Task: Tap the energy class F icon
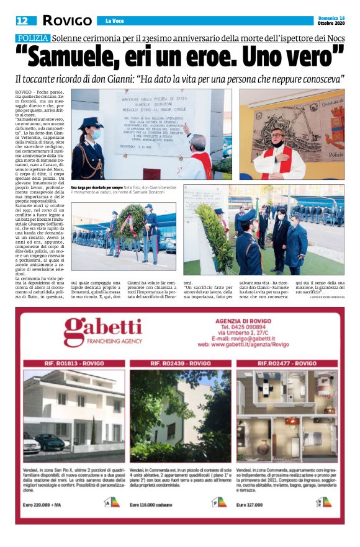[x=219, y=502]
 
